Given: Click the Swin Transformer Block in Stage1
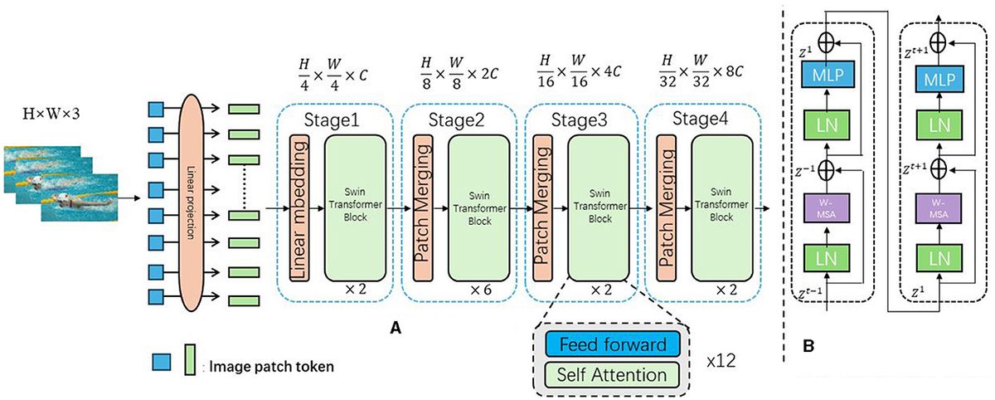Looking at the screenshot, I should click(353, 207).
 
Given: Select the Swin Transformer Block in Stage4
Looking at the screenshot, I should click(722, 207).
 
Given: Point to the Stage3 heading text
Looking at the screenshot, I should click(580, 119).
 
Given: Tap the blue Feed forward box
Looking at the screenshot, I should click(607, 344).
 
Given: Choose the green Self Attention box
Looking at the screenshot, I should click(607, 374).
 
